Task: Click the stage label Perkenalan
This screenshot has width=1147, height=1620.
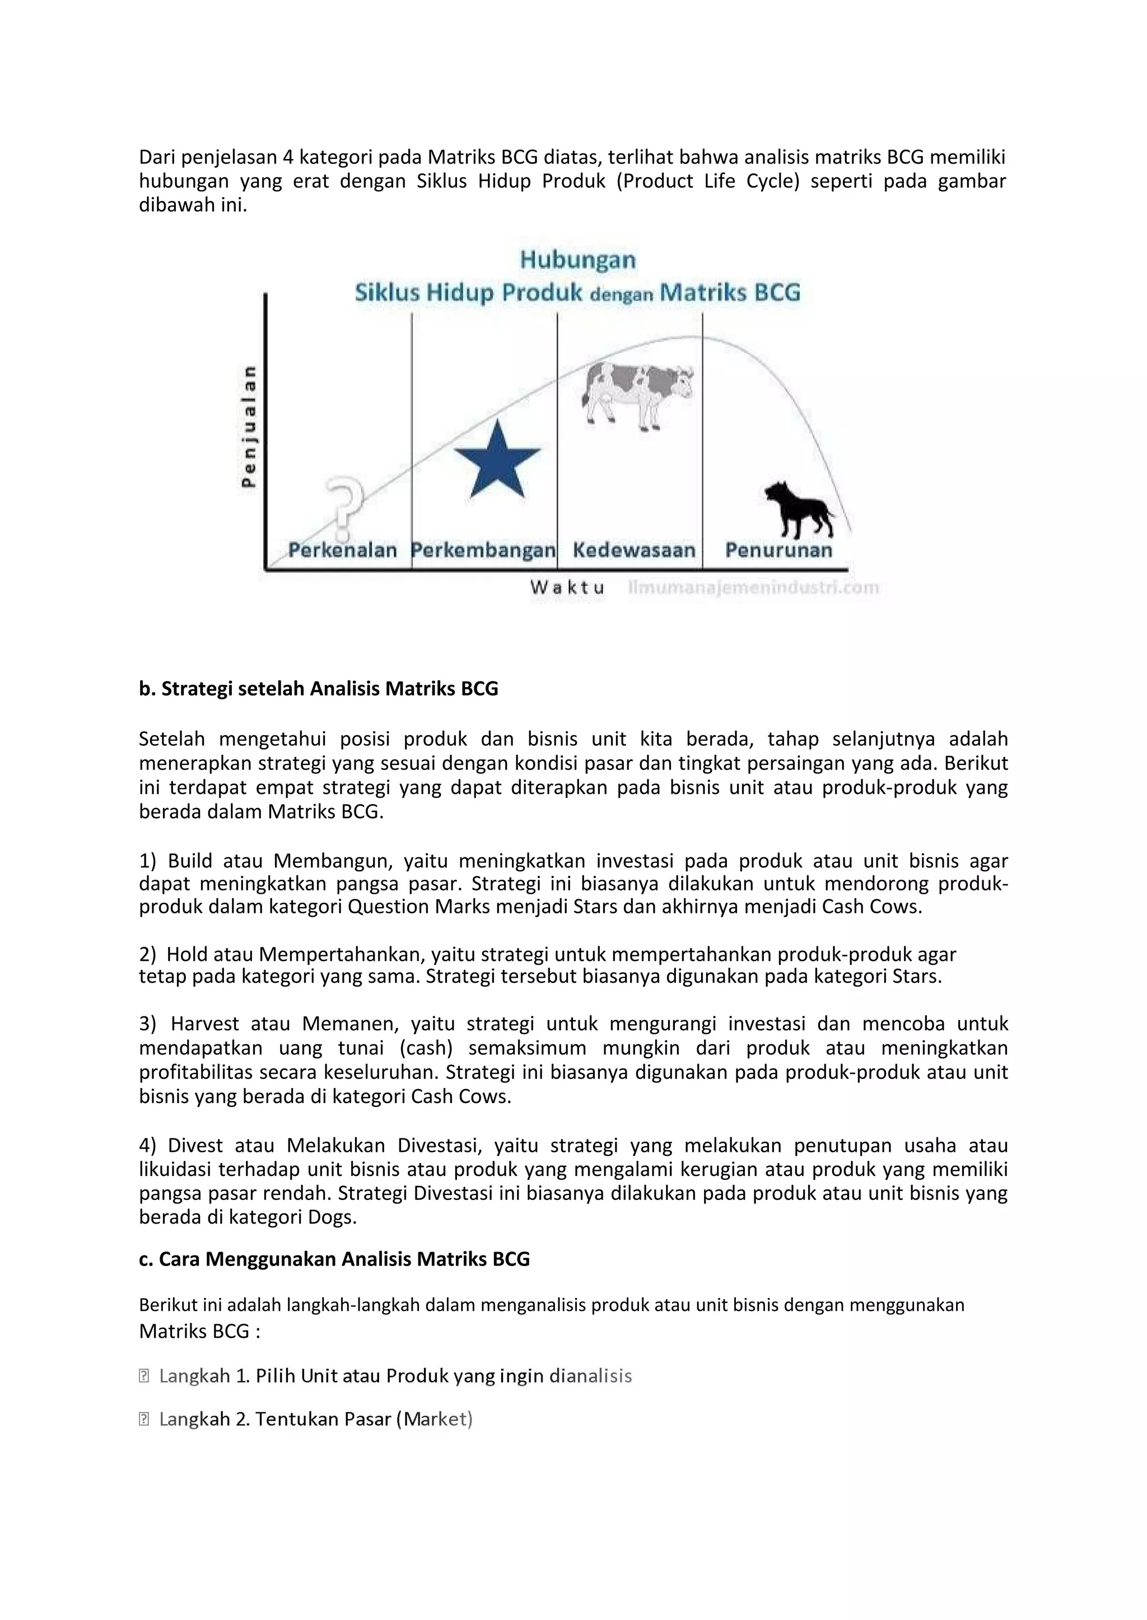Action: click(343, 549)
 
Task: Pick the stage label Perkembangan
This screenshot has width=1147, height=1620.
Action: click(484, 549)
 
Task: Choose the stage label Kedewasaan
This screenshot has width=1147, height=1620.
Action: click(633, 549)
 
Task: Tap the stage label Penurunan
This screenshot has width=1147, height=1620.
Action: click(778, 549)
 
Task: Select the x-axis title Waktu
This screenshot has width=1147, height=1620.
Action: click(567, 587)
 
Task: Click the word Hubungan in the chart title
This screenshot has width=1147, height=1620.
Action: click(578, 260)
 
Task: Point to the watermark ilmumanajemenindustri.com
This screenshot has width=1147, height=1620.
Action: click(753, 587)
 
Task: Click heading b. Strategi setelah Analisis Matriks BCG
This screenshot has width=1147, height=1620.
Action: click(319, 689)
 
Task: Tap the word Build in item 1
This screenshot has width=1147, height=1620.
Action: click(189, 861)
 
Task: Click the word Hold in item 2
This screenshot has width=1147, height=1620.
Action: click(187, 955)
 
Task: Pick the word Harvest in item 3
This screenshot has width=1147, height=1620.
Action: click(205, 1024)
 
